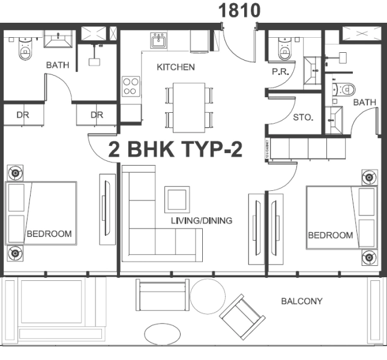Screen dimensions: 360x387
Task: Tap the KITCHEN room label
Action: (x=175, y=67)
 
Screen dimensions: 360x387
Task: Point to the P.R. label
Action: (x=280, y=71)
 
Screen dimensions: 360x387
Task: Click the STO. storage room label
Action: (x=303, y=118)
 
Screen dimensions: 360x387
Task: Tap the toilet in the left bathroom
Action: (x=25, y=49)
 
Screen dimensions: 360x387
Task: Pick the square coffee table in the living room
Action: (x=177, y=199)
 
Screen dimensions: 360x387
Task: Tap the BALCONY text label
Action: (x=302, y=301)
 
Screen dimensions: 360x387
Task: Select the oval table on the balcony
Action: (x=161, y=333)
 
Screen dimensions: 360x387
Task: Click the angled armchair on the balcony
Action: (x=242, y=317)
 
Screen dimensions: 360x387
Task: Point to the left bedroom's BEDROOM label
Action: (x=49, y=233)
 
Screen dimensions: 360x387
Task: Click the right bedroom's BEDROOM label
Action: (x=330, y=235)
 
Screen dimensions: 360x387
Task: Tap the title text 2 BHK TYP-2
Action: (x=175, y=149)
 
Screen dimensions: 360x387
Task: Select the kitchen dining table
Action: (x=189, y=107)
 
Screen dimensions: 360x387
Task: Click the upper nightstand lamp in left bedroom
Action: (x=14, y=173)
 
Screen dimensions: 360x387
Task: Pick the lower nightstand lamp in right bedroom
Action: (x=368, y=258)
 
